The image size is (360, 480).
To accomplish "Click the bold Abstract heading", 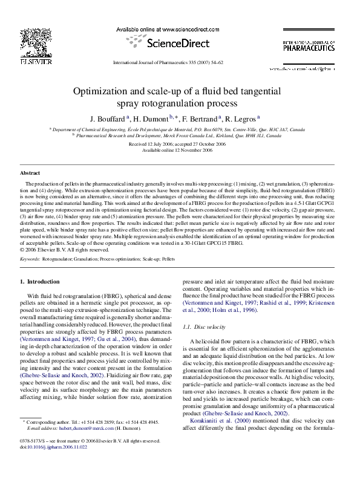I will click(x=30, y=173).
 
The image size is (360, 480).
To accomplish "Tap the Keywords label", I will click(x=30, y=258).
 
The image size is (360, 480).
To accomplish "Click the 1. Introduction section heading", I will click(x=40, y=281).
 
